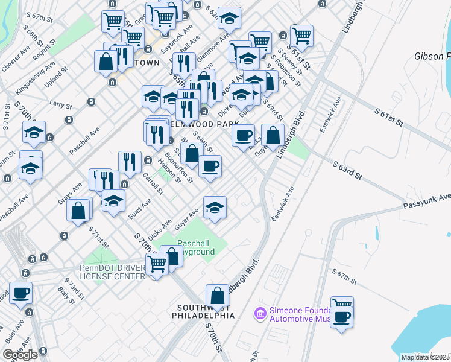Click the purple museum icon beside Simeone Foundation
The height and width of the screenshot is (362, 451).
(x=260, y=313)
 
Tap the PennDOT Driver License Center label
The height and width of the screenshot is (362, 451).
(x=112, y=272)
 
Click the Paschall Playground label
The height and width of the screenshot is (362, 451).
(x=195, y=247)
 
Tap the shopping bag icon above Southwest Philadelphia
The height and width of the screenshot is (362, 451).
(x=217, y=297)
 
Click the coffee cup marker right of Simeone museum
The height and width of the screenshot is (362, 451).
(x=342, y=317)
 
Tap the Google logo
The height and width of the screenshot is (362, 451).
(x=20, y=354)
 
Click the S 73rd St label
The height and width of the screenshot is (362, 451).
(x=75, y=287)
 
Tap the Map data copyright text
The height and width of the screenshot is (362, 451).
(x=425, y=357)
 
